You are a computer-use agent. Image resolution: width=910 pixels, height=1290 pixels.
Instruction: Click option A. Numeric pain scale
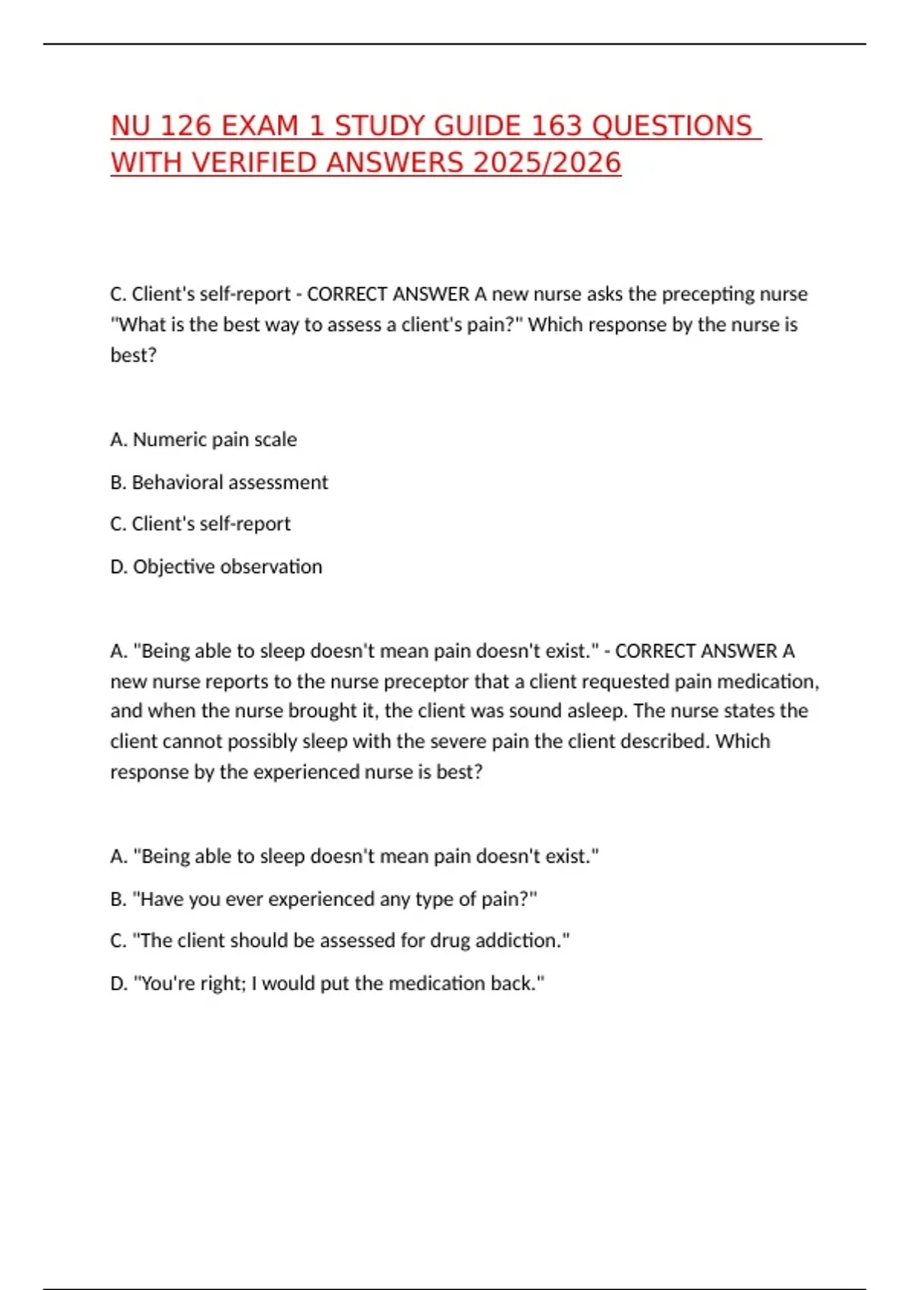(x=203, y=439)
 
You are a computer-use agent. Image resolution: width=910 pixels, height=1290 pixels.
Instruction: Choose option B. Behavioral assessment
(x=218, y=482)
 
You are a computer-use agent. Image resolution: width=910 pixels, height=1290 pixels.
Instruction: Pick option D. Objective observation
(x=216, y=566)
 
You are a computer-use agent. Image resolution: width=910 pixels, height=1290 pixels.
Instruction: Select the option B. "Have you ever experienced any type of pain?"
(x=324, y=898)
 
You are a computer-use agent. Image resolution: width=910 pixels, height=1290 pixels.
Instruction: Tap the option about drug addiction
(x=340, y=940)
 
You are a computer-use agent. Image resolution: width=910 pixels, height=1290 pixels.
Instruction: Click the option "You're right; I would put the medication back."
(x=327, y=983)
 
